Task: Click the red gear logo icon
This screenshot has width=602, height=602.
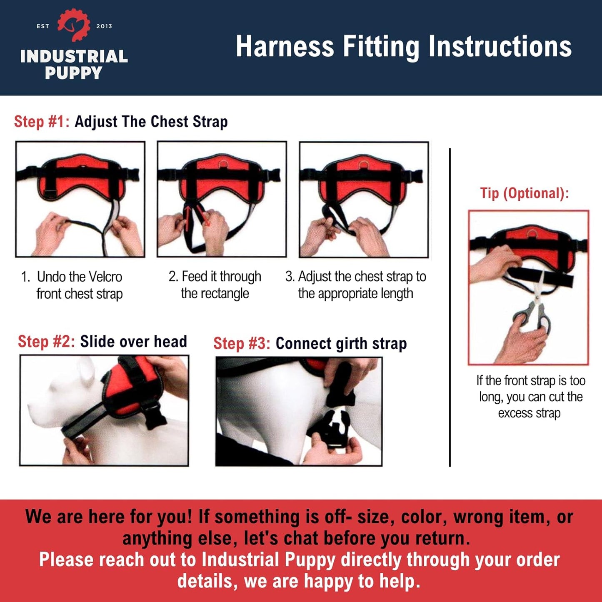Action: pos(74,25)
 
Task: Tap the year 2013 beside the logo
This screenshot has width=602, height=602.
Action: pos(104,26)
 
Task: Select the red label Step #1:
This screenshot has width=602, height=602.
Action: pos(42,122)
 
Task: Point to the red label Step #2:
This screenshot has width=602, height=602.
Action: pos(46,342)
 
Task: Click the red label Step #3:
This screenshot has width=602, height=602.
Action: pos(242,344)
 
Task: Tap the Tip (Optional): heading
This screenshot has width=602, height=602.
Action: pos(524,193)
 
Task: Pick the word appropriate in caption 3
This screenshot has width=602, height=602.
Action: pos(348,294)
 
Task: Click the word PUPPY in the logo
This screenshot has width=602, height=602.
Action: pos(73,73)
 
